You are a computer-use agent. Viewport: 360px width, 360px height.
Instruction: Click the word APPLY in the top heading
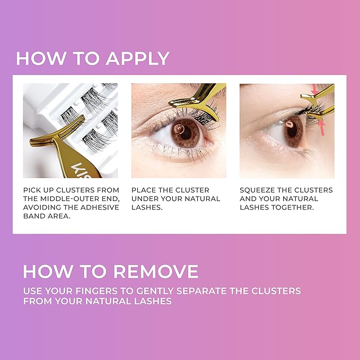coord(137,58)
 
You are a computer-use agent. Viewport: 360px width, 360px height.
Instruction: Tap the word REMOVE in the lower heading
coord(156,271)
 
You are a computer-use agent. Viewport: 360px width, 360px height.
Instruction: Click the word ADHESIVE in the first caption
coord(100,207)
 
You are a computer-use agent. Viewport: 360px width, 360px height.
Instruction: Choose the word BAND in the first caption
coord(35,216)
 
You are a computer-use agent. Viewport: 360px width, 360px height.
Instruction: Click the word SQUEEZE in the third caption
coord(259,190)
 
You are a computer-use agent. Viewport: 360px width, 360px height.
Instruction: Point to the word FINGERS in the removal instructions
coord(102,291)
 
